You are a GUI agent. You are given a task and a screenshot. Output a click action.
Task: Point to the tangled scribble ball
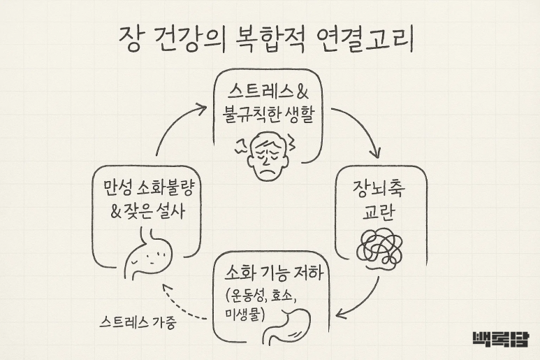click(x=380, y=247)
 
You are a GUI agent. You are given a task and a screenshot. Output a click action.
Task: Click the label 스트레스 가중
click(x=138, y=323)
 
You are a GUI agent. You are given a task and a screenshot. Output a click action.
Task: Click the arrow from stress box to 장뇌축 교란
click(x=363, y=129)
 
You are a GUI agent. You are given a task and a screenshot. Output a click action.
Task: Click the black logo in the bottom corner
click(x=500, y=338)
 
